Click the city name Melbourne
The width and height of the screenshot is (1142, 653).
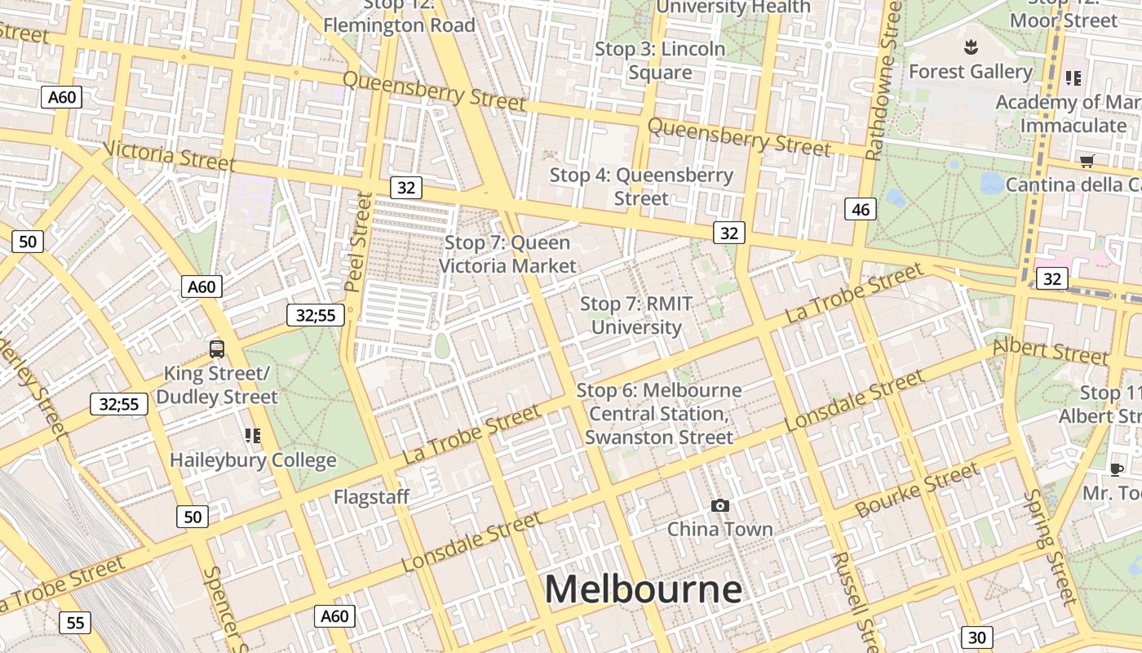(x=643, y=589)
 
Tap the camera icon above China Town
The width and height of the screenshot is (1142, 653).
(x=719, y=506)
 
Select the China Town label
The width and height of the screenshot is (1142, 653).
(x=719, y=529)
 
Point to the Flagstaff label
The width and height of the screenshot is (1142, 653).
(x=371, y=496)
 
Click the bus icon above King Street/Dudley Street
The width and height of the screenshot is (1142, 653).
(x=217, y=349)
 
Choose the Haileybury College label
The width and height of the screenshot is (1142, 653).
(x=253, y=460)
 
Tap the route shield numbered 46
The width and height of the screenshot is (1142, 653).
(x=861, y=210)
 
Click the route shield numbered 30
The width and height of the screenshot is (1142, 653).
(x=977, y=637)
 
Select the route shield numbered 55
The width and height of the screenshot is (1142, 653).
(x=75, y=624)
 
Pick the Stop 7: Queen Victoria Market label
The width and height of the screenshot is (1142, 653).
(x=507, y=254)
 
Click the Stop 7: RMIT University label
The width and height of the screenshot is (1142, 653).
(x=636, y=315)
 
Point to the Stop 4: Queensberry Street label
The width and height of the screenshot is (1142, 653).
(x=641, y=186)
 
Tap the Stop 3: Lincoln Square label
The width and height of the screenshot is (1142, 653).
(x=660, y=60)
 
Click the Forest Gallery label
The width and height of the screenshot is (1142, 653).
(x=971, y=72)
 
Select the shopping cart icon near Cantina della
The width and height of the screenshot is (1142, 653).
(x=1087, y=161)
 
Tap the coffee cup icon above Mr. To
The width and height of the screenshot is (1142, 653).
(x=1117, y=469)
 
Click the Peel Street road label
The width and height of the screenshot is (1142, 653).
(x=359, y=242)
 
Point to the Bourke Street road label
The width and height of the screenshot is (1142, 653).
(x=917, y=491)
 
